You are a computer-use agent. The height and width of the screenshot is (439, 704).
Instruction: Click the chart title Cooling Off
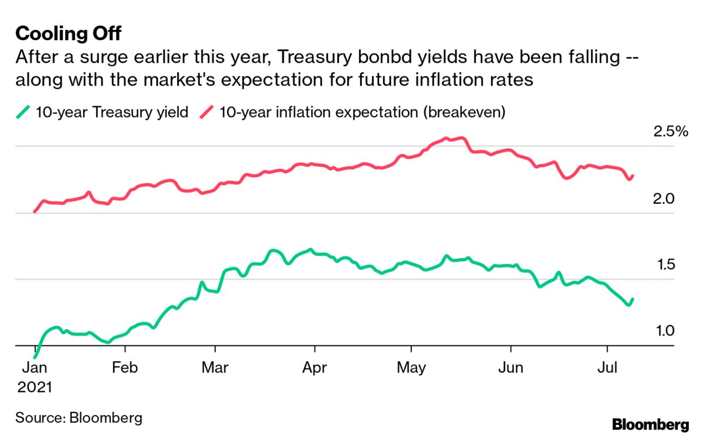(x=68, y=34)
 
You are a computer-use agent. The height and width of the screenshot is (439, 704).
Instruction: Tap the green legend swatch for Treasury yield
(x=23, y=113)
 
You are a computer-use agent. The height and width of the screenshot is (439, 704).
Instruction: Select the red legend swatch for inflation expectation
(x=207, y=113)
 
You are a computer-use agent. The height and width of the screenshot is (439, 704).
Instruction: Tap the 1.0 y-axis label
(x=664, y=331)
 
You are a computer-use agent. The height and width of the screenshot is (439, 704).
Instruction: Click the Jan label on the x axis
(x=34, y=368)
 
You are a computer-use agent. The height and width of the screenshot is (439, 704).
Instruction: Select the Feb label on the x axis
(x=125, y=368)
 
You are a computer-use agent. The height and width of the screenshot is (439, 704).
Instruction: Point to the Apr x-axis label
(x=314, y=368)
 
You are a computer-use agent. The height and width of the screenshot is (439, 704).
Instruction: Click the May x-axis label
(x=411, y=368)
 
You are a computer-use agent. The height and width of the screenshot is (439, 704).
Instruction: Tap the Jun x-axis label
(x=511, y=368)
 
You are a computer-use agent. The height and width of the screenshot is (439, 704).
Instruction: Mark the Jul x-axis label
(x=606, y=368)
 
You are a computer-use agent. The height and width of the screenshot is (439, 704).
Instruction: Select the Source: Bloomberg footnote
(x=79, y=418)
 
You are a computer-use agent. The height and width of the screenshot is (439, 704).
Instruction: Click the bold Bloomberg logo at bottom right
(x=650, y=425)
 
